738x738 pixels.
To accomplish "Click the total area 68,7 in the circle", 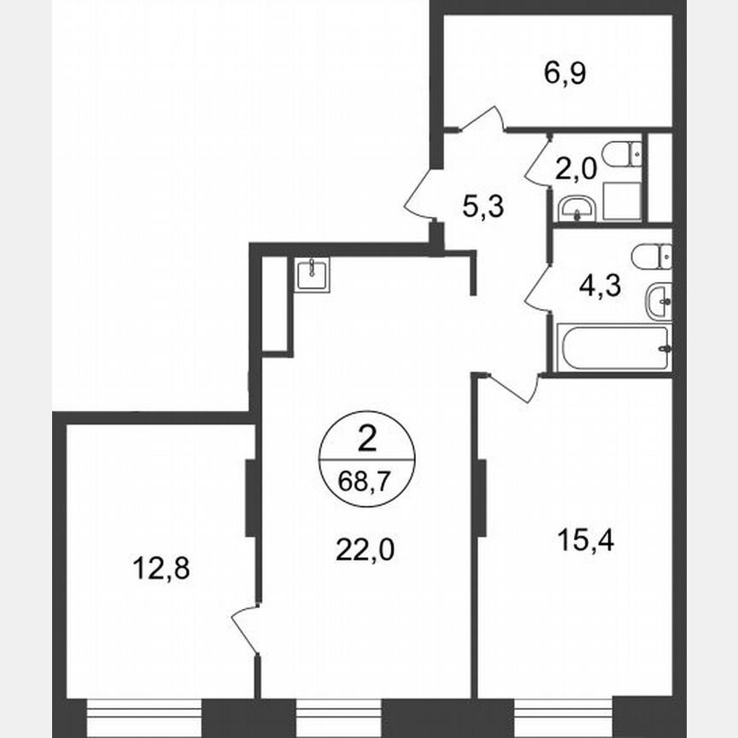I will pos(367,481).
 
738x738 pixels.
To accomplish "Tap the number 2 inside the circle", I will pos(367,441).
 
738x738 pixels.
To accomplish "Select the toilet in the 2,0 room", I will pos(621,154).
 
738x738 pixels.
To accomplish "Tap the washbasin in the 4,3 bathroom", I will pos(659,301).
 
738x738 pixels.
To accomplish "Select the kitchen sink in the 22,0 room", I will pos(313,274).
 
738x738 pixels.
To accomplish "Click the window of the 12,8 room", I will pos(145,712).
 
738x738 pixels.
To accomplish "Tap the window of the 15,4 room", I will pos(564,712).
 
